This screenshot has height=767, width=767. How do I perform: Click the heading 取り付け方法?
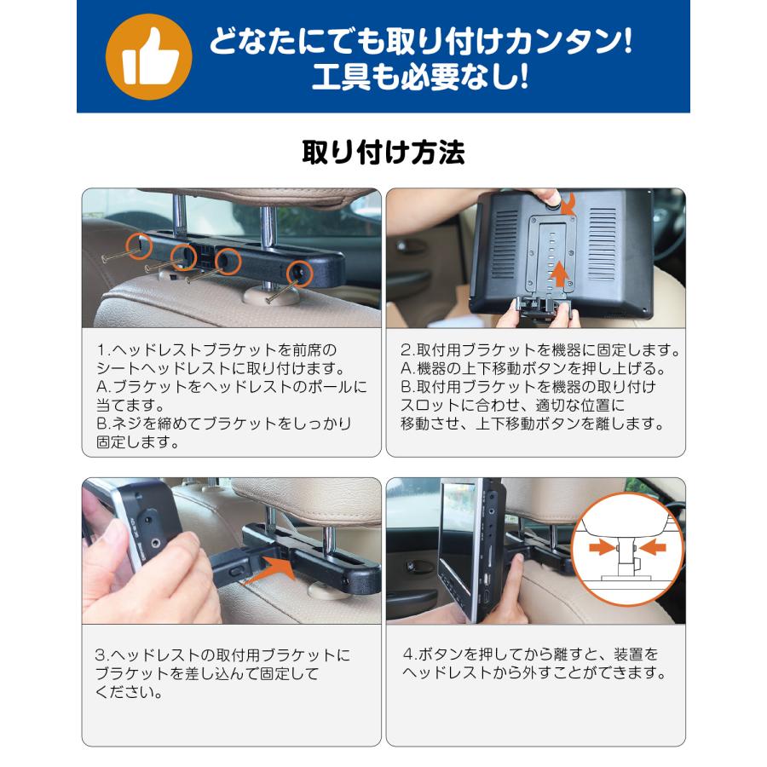coord(383,153)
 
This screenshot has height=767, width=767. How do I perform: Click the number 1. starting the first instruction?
coord(101,350)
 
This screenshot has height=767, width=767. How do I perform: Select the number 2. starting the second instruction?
coord(407,350)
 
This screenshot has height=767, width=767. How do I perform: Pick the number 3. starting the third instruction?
coord(101,656)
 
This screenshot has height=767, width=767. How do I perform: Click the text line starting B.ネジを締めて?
coord(223,424)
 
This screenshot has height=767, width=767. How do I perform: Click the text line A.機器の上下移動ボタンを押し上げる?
coord(533,369)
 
